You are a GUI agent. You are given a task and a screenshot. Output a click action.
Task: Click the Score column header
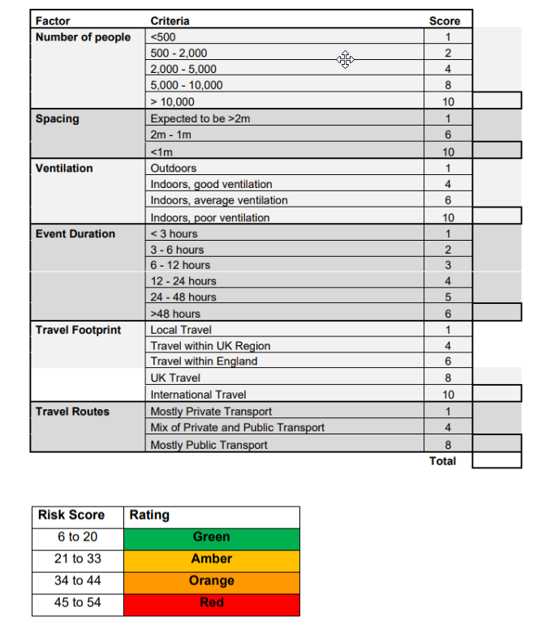(x=444, y=21)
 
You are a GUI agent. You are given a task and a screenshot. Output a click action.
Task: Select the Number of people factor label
(x=83, y=37)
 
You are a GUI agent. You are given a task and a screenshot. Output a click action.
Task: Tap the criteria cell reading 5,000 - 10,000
(x=187, y=85)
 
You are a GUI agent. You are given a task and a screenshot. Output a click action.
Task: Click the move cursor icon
(x=345, y=59)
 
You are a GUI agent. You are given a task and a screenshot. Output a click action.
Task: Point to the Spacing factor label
(x=58, y=118)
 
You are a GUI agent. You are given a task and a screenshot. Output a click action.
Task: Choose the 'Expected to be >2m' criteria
(x=200, y=118)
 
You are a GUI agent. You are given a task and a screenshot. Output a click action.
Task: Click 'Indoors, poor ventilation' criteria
(x=209, y=217)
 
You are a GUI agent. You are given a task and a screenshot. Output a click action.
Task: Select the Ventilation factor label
(x=64, y=168)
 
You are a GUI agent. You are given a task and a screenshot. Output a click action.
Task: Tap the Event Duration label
(x=75, y=233)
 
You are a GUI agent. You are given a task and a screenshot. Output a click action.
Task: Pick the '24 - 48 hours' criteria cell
(x=183, y=297)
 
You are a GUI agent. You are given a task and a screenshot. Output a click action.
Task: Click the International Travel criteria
(x=198, y=395)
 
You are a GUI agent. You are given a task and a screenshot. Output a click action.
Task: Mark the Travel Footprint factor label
(x=78, y=330)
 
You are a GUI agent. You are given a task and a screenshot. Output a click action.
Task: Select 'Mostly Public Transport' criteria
(x=209, y=444)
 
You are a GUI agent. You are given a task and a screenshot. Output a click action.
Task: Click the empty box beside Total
(x=496, y=460)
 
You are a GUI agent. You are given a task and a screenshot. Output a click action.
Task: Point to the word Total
(x=443, y=461)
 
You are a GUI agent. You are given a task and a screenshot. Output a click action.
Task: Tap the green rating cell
(x=211, y=537)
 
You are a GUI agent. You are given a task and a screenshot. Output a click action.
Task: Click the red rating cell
(x=211, y=603)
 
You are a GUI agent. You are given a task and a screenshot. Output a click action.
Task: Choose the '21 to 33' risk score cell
(x=78, y=559)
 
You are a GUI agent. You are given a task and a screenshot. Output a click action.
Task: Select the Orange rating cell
(x=211, y=581)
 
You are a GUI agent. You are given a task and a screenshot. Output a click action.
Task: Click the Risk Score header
(x=71, y=515)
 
